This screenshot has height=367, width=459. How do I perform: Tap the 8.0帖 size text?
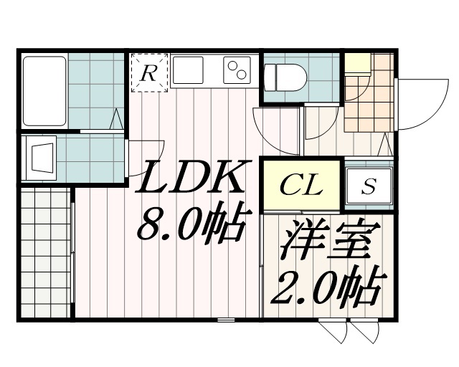[191, 222]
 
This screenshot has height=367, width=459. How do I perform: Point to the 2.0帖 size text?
[328, 286]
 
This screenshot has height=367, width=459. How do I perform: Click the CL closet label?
[301, 186]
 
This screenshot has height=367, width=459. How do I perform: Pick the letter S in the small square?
[368, 186]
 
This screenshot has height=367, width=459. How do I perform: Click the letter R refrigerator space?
[148, 73]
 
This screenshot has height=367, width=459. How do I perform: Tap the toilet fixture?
[285, 78]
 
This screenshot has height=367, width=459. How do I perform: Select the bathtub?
[44, 91]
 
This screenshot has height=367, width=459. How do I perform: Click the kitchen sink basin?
[188, 70]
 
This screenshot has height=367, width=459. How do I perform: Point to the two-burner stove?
[237, 70]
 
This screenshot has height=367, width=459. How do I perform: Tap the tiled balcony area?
[46, 252]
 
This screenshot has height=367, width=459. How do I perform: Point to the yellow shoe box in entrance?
[358, 64]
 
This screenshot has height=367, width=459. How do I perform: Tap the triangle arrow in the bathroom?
[116, 118]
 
